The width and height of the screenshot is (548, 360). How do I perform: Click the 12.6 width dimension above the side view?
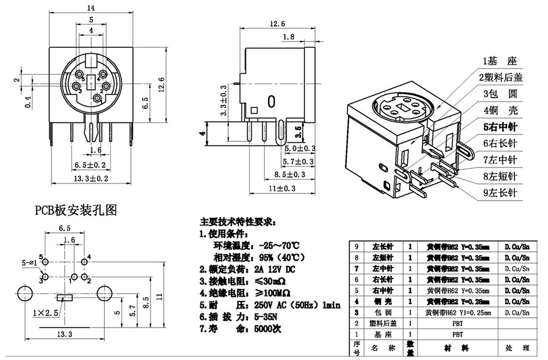[x=277, y=24]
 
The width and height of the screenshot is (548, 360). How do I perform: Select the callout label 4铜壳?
[x=500, y=109]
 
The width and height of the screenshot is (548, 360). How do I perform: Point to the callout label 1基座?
[x=500, y=61]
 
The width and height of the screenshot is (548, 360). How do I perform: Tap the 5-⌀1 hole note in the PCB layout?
[x=29, y=262]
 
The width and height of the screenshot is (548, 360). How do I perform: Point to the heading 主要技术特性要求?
[x=238, y=221]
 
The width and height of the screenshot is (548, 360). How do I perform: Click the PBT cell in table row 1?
[x=457, y=334]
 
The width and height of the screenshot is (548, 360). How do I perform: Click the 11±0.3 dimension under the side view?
[x=281, y=189]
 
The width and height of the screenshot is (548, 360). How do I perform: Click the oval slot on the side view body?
[x=271, y=102]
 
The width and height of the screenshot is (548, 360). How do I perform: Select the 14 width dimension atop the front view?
[x=91, y=7]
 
